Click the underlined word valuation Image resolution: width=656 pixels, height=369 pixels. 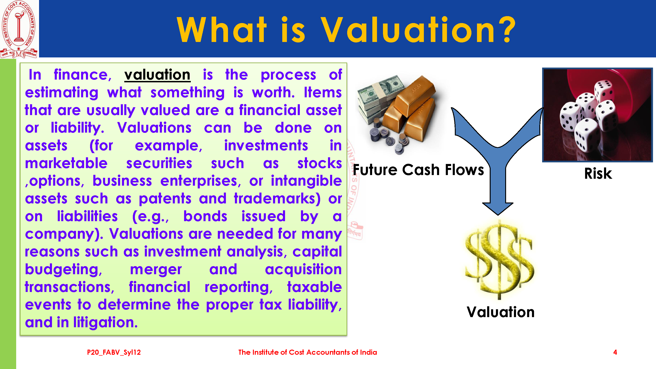coord(157,75)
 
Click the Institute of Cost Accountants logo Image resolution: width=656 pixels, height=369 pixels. coord(19,29)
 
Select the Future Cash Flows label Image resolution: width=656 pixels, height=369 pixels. coord(418,170)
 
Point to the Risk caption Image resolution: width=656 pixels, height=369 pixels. coord(598,174)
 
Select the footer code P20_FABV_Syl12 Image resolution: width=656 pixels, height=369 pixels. coord(114,352)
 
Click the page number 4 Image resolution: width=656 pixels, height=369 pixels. coord(615,352)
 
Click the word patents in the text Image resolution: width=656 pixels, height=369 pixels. coord(165,199)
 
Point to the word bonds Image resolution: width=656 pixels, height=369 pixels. coord(205,216)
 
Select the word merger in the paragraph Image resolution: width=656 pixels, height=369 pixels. coord(156,270)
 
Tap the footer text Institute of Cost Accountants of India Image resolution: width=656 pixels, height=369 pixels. coord(307,352)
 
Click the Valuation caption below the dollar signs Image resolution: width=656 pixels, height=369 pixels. coord(500,312)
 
